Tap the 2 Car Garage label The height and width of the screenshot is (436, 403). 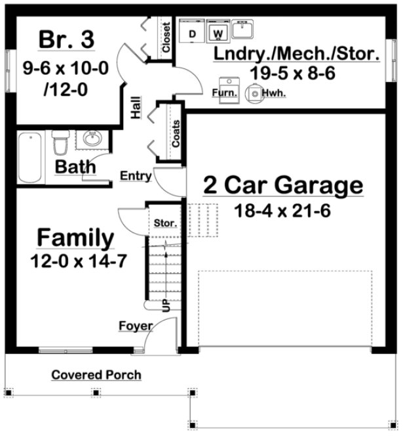283,186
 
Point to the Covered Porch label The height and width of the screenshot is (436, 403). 96,376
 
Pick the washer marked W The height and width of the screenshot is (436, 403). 218,32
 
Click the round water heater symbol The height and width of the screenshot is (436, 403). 252,94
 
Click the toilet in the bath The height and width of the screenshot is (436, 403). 60,144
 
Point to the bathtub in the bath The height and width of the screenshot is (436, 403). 30,158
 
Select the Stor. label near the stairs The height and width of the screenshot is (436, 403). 165,223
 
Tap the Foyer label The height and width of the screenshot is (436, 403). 136,326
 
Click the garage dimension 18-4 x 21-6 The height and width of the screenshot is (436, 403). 282,211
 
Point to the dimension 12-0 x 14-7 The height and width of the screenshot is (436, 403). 78,261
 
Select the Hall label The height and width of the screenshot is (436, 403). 136,108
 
